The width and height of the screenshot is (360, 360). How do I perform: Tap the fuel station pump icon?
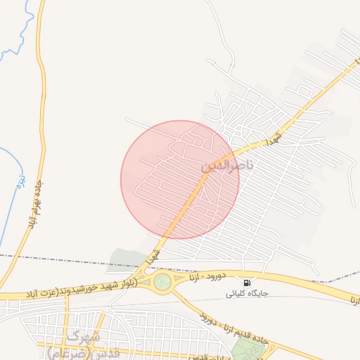coord(247,283)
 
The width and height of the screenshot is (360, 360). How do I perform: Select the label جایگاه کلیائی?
coord(246,294)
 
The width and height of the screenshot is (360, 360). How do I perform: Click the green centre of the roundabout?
coord(162,282)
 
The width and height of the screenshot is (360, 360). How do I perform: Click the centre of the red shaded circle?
coord(180,179)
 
